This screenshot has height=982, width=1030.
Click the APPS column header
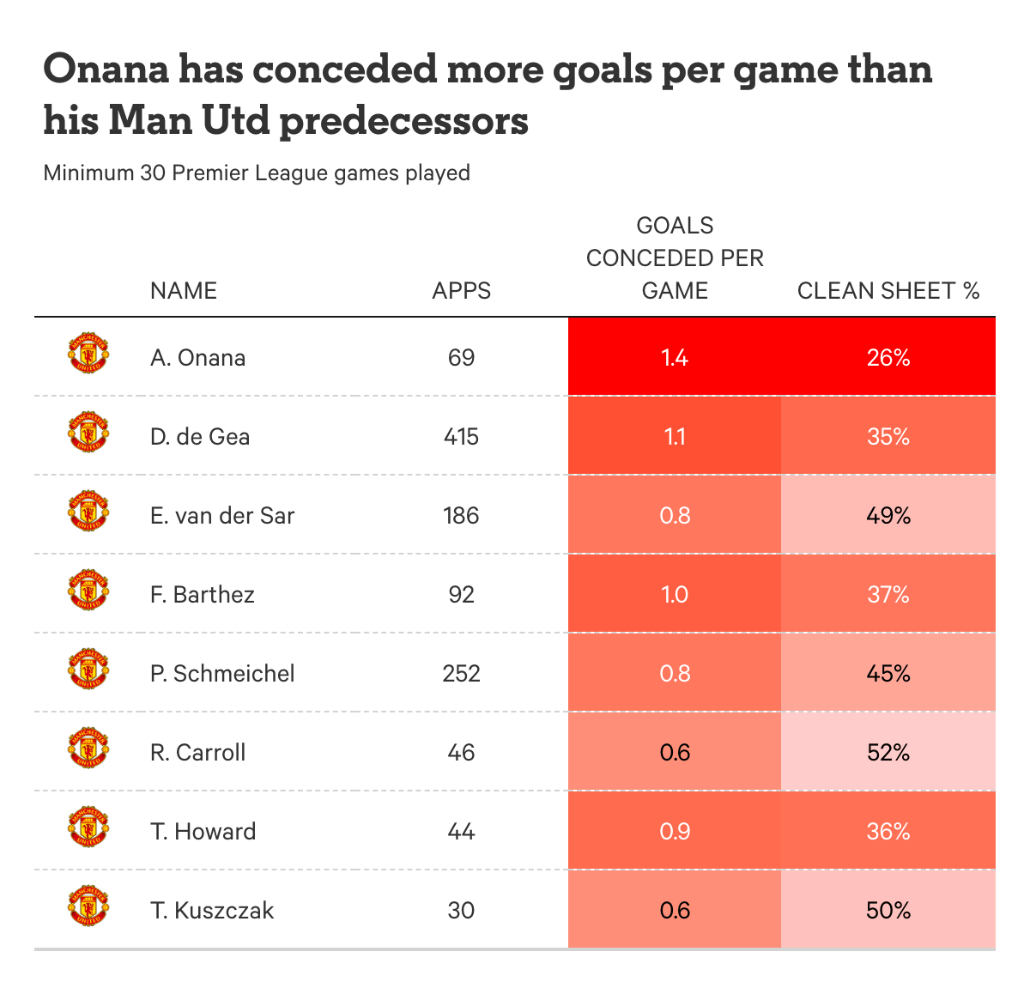pos(461,291)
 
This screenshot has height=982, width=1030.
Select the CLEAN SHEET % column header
pos(888,291)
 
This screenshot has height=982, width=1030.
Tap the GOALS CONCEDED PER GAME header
pos(675,258)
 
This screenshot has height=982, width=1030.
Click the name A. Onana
pos(197,357)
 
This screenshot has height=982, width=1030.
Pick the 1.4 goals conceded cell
pos(675,357)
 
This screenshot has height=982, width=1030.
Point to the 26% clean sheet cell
pos(888,357)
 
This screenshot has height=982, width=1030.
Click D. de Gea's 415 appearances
pos(461,436)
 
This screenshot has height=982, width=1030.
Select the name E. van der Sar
pos(221,515)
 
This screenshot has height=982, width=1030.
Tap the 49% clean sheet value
pos(888,515)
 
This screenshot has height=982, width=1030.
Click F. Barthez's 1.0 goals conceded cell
pos(675,594)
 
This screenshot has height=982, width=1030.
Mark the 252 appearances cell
pos(461,673)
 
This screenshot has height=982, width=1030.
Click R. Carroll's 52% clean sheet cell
pos(888,752)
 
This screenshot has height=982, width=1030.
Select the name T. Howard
pos(203,831)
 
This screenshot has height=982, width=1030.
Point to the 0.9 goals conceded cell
pos(675,831)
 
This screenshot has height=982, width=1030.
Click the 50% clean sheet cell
pos(888,910)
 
